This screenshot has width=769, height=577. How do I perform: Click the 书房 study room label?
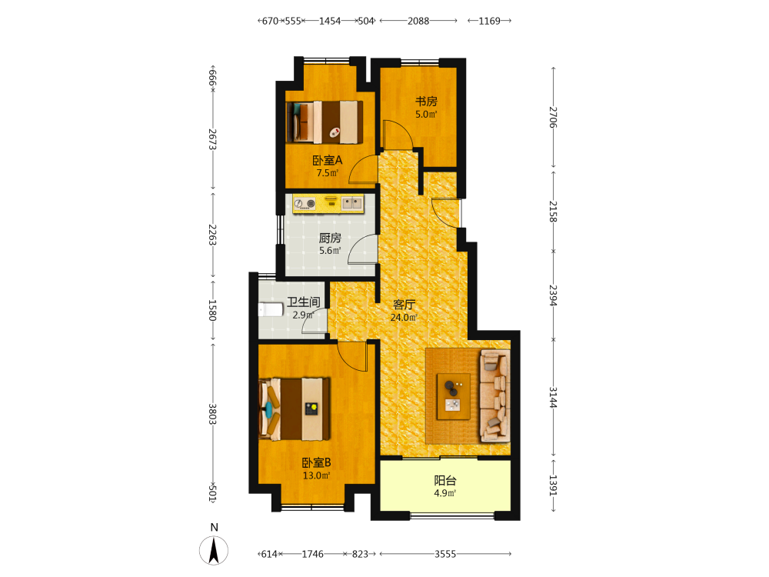point(426,102)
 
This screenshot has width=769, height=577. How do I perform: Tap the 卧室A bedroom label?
point(328,161)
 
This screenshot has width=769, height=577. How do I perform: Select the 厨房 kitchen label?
point(330,238)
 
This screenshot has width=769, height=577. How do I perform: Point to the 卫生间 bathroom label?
point(304,302)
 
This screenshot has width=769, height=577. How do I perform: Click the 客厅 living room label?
point(404,305)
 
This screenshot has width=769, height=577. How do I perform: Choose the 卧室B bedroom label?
point(316,462)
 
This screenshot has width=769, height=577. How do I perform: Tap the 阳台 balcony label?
point(445,481)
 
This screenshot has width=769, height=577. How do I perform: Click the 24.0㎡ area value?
point(404,318)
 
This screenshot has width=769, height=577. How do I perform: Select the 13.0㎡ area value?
point(316,475)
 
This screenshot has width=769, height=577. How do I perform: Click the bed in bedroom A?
point(325,122)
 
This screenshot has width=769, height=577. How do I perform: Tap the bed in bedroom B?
point(295,409)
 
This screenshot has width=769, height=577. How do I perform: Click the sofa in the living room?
point(495,395)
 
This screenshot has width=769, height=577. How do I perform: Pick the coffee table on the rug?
point(454,396)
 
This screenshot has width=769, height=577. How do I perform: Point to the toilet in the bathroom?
point(271,310)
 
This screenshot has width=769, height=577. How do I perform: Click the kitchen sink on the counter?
point(352,202)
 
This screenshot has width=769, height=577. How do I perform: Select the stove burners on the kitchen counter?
point(305,203)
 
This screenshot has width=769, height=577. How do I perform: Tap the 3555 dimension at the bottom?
point(445,554)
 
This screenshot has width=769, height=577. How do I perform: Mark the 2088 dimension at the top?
point(418,21)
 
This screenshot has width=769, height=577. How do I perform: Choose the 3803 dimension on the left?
point(212,414)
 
